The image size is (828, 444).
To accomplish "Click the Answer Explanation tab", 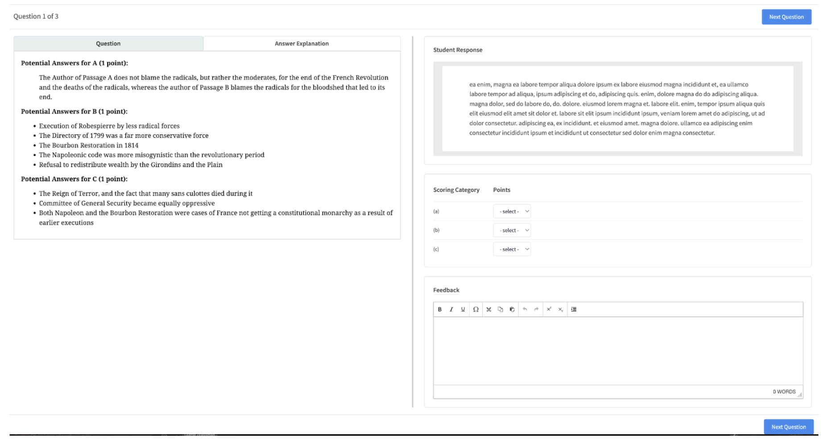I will coord(302,44).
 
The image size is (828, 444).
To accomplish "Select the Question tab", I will coord(108,44).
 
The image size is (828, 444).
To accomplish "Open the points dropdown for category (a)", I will coord(512,211).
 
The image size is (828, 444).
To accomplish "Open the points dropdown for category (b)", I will coord(512,230).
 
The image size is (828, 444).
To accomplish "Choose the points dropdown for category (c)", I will coord(512,249).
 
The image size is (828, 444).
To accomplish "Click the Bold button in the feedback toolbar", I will coord(440,309).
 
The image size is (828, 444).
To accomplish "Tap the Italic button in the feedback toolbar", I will coord(451,309).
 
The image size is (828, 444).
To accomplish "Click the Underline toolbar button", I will coord(463,309).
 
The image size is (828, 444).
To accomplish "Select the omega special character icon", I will coord(476,309).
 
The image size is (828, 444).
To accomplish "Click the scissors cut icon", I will coord(489,309).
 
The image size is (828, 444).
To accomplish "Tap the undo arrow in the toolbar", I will coord(525,309).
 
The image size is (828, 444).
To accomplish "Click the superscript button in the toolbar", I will coord(549,309).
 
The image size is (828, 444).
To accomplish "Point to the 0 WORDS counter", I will coord(784,392).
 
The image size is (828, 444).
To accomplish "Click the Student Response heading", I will coord(458,50).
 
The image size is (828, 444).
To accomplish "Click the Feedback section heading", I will coord(446,290).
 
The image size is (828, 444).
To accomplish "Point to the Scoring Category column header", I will coord(456,190).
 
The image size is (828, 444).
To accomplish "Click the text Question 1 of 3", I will coord(36,16).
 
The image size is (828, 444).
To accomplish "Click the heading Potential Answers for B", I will coord(74,111).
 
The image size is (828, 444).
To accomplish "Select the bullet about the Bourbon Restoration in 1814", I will coord(89,145).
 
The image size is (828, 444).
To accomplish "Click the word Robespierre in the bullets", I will coord(97,126).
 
